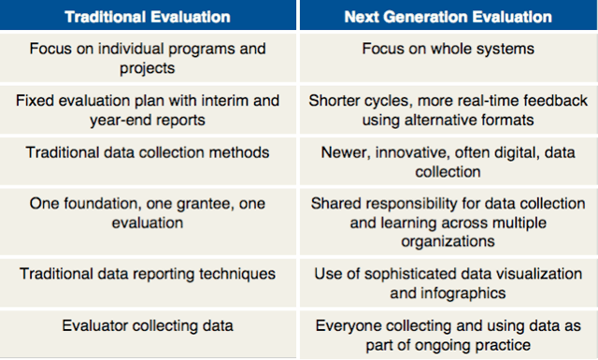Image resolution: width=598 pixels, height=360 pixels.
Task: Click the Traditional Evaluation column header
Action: pos(148,17)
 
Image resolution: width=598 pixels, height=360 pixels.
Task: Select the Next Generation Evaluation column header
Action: pos(448,17)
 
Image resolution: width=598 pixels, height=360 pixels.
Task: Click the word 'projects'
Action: pos(148,68)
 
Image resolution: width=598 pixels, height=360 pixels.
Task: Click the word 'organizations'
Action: pos(448,241)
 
